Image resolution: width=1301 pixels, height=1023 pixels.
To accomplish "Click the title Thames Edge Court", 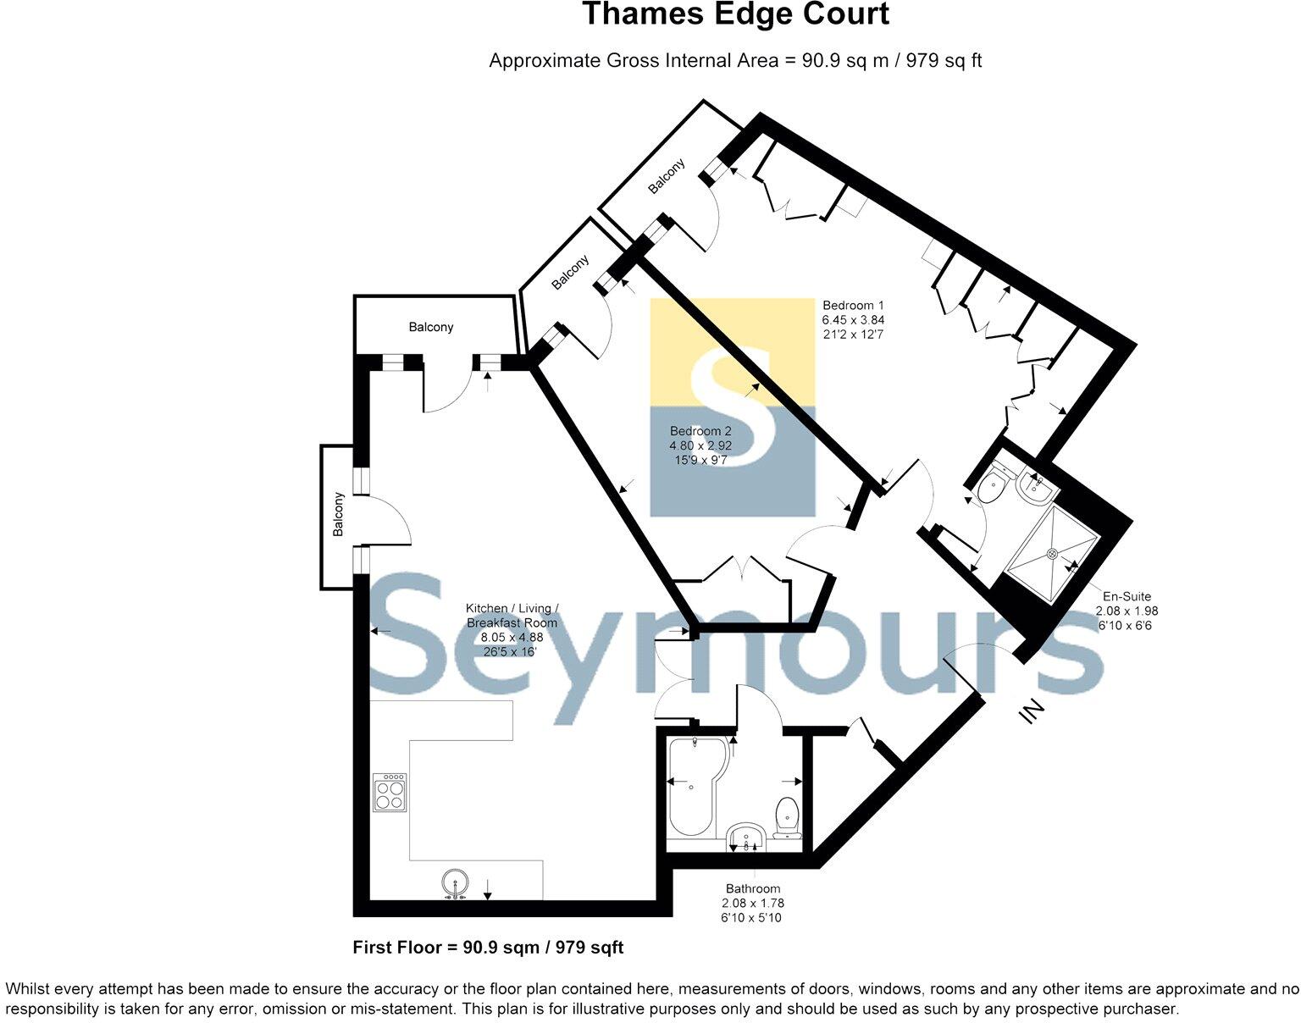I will pyautogui.click(x=734, y=15).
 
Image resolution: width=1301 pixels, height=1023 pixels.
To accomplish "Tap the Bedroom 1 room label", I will pyautogui.click(x=853, y=306).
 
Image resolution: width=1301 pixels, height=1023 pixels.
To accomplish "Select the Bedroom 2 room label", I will pyautogui.click(x=700, y=431).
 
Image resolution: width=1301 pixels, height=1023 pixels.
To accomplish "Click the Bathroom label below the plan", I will pyautogui.click(x=752, y=888).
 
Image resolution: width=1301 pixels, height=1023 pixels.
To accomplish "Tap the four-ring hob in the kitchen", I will pyautogui.click(x=390, y=793).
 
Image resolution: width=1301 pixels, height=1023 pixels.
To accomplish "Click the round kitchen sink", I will pyautogui.click(x=455, y=883).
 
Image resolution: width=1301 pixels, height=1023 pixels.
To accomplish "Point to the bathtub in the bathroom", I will pyautogui.click(x=690, y=792).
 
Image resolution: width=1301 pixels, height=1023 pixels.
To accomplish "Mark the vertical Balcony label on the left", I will pyautogui.click(x=338, y=514).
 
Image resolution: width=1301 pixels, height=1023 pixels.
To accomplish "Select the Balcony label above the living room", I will pyautogui.click(x=431, y=327).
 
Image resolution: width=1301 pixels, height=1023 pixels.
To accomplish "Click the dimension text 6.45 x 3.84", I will pyautogui.click(x=853, y=320).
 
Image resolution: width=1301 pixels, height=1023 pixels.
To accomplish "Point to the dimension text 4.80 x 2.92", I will pyautogui.click(x=700, y=445).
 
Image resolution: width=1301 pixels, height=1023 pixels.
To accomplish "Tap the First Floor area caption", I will pyautogui.click(x=488, y=948).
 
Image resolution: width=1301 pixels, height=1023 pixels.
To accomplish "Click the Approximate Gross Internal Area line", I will pyautogui.click(x=734, y=61).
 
